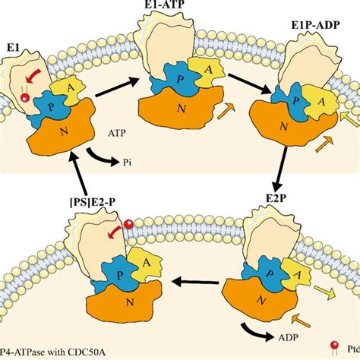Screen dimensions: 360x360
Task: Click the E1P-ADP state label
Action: (315, 25)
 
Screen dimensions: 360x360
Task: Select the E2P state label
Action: (276, 198)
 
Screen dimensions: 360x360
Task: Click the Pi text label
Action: (128, 163)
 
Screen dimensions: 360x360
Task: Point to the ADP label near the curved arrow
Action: (289, 337)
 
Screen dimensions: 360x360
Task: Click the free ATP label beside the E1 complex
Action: (117, 133)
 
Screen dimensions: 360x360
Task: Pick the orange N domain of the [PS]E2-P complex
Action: (124, 302)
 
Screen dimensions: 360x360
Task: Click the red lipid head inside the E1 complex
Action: (24, 98)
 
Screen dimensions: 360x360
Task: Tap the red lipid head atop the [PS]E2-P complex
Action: (129, 224)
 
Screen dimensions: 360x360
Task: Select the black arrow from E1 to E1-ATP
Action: (117, 87)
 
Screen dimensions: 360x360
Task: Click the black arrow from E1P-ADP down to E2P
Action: (280, 169)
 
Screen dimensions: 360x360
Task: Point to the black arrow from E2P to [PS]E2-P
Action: (195, 282)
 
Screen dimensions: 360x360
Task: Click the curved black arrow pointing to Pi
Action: (101, 158)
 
